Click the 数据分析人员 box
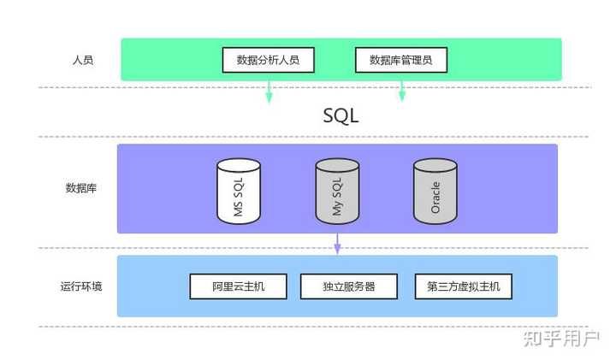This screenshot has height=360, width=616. (268, 60)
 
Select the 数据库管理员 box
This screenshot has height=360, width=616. (400, 60)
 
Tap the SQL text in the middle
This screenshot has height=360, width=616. (341, 115)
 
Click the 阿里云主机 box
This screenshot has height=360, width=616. (238, 286)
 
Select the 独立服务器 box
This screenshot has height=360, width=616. (349, 286)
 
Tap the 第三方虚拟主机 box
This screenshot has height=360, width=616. (463, 286)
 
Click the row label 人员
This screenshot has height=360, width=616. (82, 61)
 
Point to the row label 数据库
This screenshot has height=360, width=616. (80, 188)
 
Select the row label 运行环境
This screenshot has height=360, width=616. (81, 286)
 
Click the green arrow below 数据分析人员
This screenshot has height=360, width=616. (269, 92)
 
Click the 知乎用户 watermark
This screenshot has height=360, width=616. (560, 339)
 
